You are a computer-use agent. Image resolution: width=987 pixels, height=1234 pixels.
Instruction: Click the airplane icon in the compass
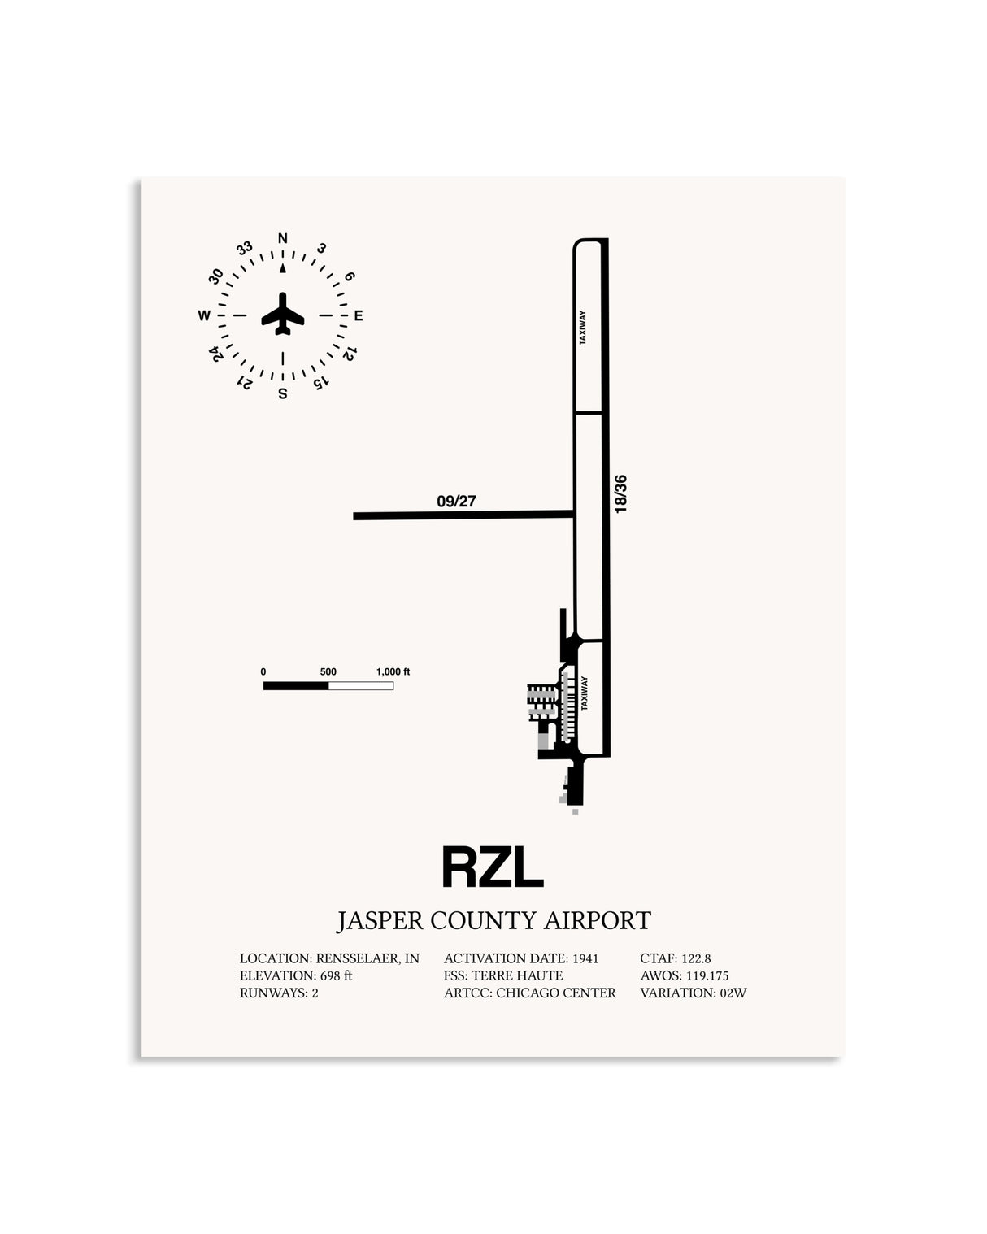click(282, 314)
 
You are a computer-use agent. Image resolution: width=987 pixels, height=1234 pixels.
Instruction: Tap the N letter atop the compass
click(283, 238)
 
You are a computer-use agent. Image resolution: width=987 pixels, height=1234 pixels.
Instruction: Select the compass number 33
click(245, 248)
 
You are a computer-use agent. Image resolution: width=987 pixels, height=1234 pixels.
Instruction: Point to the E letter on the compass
click(359, 315)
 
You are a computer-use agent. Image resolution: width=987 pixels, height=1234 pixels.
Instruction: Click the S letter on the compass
click(283, 394)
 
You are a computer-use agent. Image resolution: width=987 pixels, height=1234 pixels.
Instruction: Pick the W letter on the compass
click(203, 315)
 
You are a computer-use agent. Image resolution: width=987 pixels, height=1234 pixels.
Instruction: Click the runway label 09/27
click(457, 502)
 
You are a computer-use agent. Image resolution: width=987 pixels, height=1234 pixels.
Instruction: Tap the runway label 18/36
click(620, 493)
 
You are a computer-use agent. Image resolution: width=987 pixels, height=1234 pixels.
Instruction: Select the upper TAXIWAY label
click(583, 328)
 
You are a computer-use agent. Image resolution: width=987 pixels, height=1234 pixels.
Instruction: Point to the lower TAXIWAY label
click(585, 693)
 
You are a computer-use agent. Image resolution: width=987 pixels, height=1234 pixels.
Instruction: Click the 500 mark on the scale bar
click(328, 671)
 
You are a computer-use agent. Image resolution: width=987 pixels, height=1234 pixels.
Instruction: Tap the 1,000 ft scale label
click(393, 671)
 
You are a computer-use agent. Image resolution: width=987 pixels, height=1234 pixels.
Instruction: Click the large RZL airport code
click(493, 867)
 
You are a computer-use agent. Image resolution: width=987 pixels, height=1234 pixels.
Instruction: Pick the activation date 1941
click(585, 958)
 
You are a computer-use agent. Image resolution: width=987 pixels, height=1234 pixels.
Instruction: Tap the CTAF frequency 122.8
click(696, 958)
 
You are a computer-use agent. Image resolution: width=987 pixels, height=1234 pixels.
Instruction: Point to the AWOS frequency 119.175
click(707, 975)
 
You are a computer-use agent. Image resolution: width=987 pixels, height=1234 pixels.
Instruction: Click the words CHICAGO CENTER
click(556, 993)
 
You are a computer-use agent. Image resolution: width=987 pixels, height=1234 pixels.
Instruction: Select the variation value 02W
click(733, 993)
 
